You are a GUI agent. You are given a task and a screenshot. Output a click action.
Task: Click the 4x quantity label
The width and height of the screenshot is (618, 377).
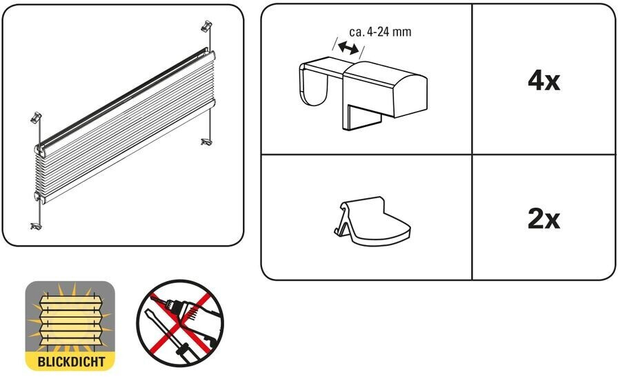point(544,81)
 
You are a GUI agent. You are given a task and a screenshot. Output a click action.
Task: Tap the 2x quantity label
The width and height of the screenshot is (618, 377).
point(544,219)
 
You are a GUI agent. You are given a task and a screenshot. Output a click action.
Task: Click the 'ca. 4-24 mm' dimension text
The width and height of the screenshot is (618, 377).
point(380,32)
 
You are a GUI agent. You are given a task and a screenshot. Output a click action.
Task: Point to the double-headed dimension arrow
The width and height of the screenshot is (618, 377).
point(348,48)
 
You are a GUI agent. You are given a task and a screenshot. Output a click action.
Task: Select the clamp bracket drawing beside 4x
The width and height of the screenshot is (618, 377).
point(363,93)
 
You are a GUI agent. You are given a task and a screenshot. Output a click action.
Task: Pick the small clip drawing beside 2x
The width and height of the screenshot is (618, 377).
point(371,221)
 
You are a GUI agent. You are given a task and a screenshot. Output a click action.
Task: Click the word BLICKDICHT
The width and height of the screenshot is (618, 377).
point(71,362)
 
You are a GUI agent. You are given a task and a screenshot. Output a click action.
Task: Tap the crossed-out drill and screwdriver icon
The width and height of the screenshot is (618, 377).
point(180,323)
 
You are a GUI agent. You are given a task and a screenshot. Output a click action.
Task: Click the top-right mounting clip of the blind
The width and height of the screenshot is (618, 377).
point(207,26)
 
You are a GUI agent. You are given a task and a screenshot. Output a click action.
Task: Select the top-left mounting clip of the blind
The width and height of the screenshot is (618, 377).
point(36,117)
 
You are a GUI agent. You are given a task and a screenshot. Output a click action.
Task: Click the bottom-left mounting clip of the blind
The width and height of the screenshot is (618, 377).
point(36,226)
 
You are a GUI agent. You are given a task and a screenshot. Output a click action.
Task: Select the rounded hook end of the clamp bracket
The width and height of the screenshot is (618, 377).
point(314,84)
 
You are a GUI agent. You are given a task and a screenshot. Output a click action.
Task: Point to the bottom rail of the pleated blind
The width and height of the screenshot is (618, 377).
point(126,151)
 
